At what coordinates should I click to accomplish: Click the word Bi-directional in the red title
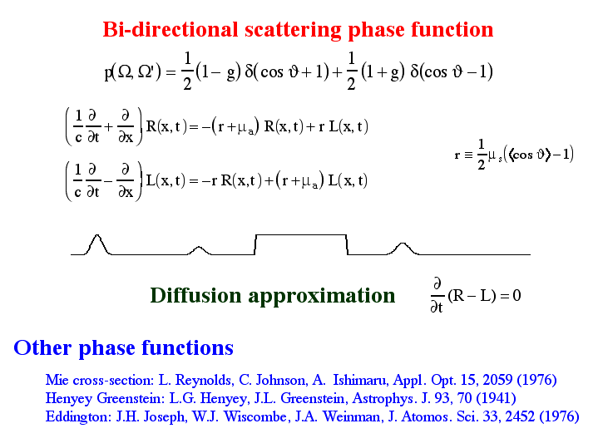[x=171, y=29]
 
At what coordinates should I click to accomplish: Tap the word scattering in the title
[x=293, y=31]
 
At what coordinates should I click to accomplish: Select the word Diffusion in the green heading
[x=196, y=296]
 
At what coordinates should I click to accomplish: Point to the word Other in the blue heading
[x=42, y=347]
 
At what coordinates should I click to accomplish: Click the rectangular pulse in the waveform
[x=301, y=235]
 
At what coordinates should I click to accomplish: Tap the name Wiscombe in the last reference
[x=255, y=416]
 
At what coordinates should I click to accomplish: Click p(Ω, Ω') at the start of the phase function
[x=133, y=72]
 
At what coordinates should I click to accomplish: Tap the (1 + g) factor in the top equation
[x=383, y=72]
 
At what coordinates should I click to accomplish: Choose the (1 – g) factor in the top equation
[x=218, y=72]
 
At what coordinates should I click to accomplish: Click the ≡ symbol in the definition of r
[x=469, y=155]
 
